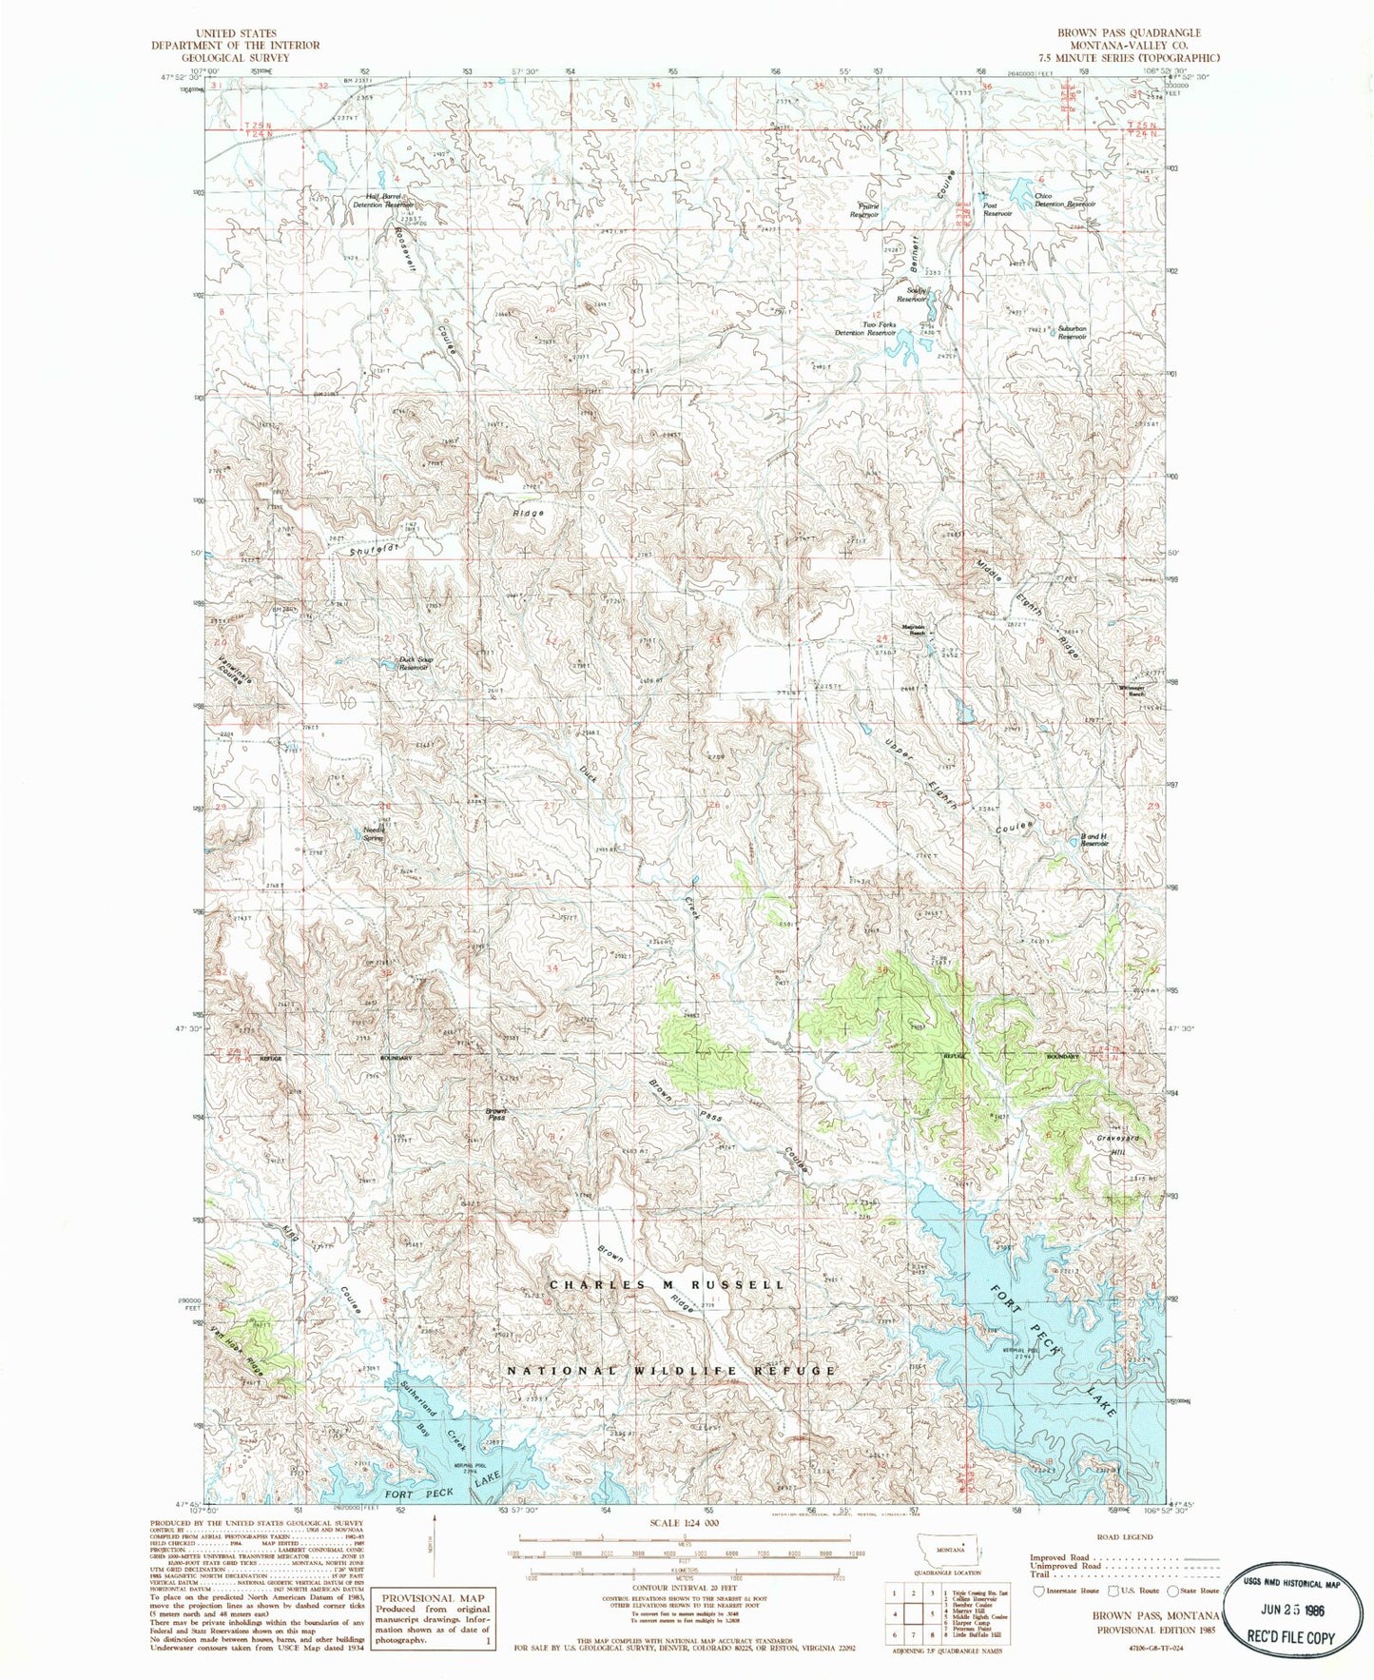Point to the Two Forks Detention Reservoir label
click(865, 328)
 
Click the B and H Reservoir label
click(1094, 840)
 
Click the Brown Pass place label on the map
click(495, 1114)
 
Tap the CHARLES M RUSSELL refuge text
click(667, 1284)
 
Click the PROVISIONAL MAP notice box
click(433, 1617)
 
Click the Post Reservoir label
click(997, 209)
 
